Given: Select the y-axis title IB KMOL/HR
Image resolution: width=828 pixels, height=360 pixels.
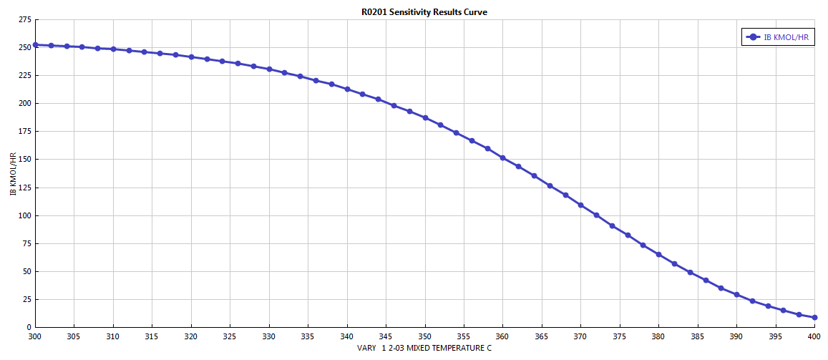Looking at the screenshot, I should point(13,174).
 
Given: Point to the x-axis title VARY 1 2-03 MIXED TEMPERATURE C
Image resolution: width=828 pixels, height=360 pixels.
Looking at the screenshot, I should point(424,348).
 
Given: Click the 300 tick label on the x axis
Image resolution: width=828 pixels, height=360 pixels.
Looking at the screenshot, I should point(35,336).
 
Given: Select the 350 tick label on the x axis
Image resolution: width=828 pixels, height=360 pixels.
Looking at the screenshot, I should point(425,336).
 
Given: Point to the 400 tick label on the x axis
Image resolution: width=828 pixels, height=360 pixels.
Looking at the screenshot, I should point(815,336).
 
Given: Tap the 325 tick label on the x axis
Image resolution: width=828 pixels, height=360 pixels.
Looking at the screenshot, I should point(230,336).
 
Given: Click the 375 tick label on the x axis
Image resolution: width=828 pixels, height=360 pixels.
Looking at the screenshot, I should point(620,336).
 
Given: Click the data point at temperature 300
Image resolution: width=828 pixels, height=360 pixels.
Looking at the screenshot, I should point(35,45).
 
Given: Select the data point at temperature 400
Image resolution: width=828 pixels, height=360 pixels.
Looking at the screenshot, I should point(815,317).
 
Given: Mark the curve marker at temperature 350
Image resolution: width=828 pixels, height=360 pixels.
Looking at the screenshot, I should point(425,118).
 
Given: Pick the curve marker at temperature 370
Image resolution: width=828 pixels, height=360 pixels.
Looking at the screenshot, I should point(581,205).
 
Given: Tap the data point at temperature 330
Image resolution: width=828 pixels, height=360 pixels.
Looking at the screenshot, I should point(269,69).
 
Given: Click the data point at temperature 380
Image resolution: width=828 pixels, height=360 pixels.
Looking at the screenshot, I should point(659,255).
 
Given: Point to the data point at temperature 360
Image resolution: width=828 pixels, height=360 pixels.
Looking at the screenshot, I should point(503,158).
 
